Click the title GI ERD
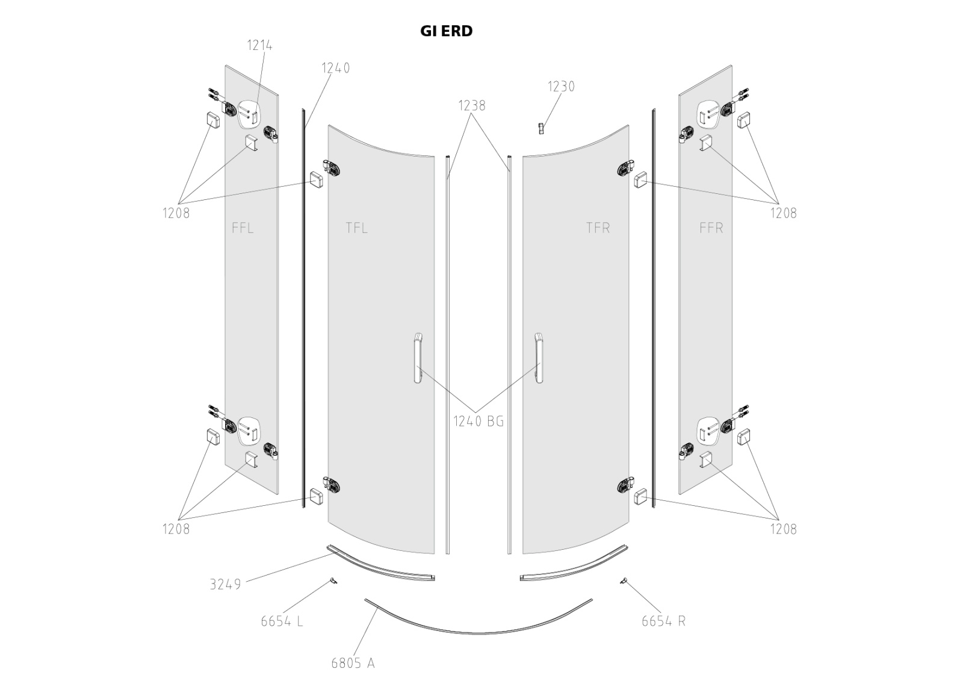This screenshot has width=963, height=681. point(446,31)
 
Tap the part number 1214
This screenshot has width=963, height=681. point(259,45)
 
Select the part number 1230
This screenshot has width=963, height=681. point(561,87)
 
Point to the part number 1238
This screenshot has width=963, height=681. point(471,105)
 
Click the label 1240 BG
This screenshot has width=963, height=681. point(478,421)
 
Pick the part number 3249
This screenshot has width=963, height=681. point(225,584)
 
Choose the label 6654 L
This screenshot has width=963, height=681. point(282,621)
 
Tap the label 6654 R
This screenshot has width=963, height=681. point(663,621)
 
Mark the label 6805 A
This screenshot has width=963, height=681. point(353,663)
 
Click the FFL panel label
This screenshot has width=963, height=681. point(243,228)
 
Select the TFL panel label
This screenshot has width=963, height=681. point(356,228)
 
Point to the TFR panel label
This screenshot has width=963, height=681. point(598,228)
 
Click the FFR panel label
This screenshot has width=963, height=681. point(711,228)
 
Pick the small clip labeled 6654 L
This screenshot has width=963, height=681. point(333,580)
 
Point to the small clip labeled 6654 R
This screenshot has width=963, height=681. point(623,580)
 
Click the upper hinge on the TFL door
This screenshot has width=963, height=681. point(331,169)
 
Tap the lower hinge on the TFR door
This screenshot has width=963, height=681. point(626,485)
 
